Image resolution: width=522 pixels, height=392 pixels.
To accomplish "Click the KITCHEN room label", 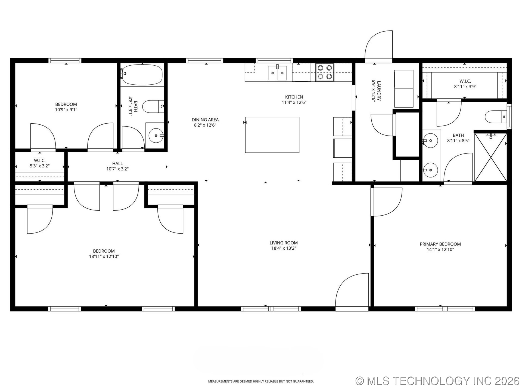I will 294,97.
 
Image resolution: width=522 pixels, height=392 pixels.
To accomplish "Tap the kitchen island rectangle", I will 272,135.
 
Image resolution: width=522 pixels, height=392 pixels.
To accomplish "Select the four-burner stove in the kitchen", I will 325,72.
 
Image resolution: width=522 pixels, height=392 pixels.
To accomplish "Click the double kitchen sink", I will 277,73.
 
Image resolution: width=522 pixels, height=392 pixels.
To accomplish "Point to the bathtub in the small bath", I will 142,75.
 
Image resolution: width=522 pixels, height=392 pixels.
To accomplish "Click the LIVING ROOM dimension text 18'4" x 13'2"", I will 284,248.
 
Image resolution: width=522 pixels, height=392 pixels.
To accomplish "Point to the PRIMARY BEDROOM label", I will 440,244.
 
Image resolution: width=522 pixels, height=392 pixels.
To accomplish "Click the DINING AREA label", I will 205,120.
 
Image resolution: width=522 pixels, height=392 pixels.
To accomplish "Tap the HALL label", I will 117,164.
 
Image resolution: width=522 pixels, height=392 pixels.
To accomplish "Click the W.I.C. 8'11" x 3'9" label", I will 465,84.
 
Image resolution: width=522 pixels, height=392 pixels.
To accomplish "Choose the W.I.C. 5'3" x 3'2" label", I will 40,163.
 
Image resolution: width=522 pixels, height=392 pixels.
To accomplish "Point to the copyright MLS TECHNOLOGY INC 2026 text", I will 437,381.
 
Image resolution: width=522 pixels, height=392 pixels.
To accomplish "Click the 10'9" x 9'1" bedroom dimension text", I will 66,110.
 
